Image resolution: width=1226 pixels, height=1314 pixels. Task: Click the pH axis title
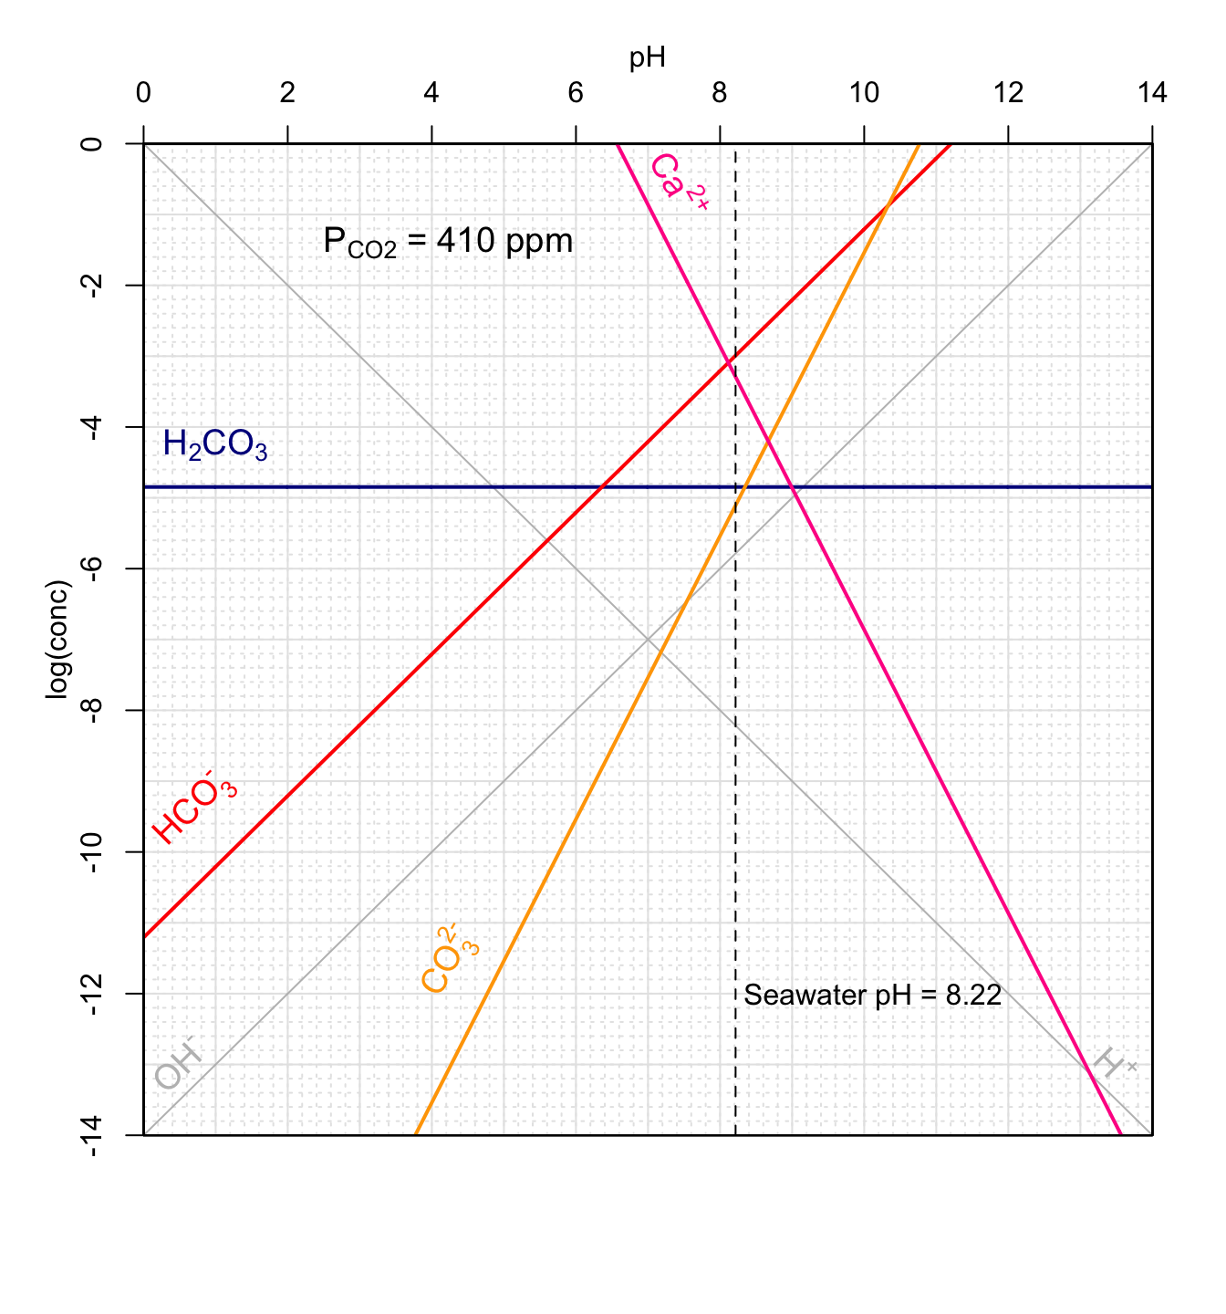[x=647, y=58]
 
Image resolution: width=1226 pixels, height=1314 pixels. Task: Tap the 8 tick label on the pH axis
[x=720, y=93]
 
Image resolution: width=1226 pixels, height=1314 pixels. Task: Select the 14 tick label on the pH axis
[x=1151, y=93]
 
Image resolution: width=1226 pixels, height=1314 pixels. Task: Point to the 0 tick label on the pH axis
[x=143, y=93]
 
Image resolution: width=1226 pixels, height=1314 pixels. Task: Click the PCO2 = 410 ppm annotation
[x=448, y=242]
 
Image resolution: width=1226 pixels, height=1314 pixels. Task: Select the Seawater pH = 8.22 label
[x=872, y=995]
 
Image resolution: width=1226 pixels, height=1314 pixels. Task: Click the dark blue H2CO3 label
[x=215, y=445]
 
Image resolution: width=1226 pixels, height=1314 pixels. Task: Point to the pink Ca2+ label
[x=679, y=182]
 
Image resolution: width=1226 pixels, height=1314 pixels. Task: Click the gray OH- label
[x=177, y=1066]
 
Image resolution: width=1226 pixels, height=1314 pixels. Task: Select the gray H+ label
[x=1115, y=1064]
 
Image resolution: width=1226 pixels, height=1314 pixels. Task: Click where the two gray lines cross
[x=648, y=639]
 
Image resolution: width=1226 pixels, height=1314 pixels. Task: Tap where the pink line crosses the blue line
[x=795, y=487]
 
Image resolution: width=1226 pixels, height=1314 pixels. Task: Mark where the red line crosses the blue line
[x=601, y=487]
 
